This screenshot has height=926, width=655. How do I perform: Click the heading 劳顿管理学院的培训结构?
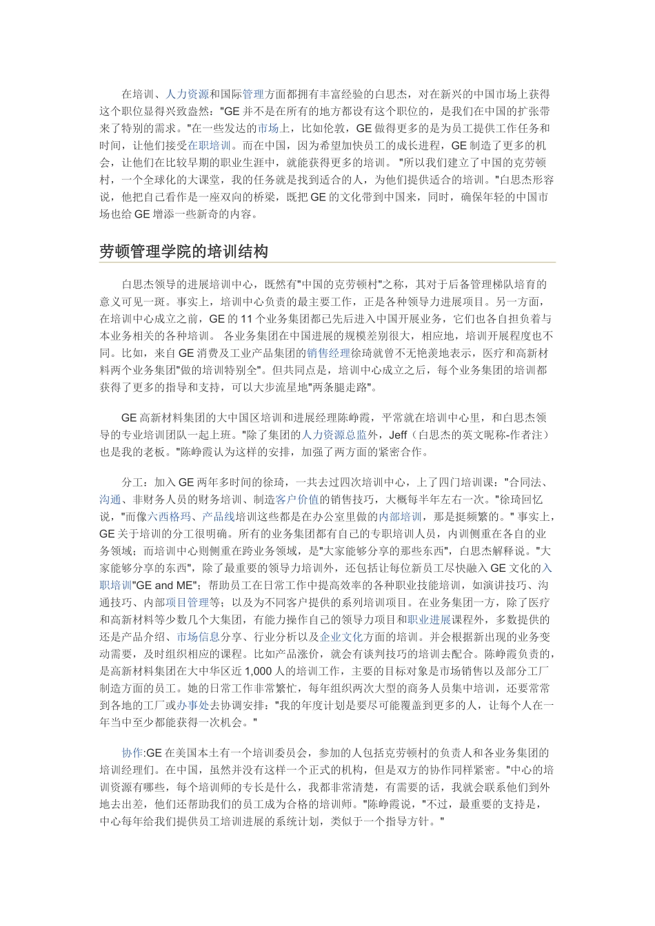[x=183, y=251]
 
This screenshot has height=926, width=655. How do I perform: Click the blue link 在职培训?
[x=210, y=145]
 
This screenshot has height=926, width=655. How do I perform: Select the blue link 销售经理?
[x=329, y=353]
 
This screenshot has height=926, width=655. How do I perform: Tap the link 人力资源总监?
[x=334, y=435]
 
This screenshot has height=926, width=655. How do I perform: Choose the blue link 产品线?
[x=219, y=516]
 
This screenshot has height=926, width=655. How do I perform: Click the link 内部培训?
[x=400, y=516]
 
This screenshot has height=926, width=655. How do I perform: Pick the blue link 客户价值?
[x=297, y=499]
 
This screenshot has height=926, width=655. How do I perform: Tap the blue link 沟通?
[x=110, y=499]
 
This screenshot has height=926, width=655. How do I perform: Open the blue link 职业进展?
[x=429, y=619]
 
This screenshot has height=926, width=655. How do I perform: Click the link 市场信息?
[x=199, y=637]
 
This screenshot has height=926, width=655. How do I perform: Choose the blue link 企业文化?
[x=342, y=637]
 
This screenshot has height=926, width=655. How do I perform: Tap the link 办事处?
[x=193, y=705]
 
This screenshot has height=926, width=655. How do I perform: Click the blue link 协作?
[x=132, y=752]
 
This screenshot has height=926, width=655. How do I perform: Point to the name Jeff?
[x=399, y=435]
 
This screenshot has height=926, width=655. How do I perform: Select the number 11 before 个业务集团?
[x=246, y=318]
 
